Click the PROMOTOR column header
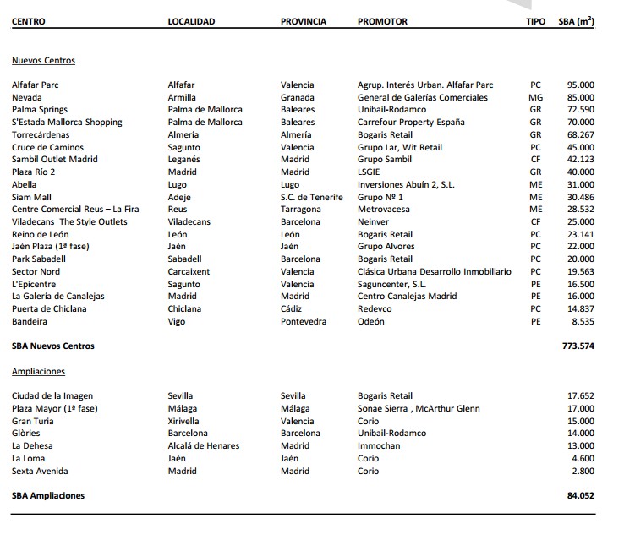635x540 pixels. [382, 21]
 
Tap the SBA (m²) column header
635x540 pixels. [577, 21]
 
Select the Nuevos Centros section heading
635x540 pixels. [43, 61]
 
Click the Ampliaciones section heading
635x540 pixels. [38, 371]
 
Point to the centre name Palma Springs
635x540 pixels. [40, 110]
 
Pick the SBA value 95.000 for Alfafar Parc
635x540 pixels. [580, 85]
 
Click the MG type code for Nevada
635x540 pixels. [535, 97]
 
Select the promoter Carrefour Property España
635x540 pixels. [411, 123]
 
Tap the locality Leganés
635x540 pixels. [184, 160]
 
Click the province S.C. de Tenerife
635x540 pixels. [312, 197]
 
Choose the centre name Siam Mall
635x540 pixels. [33, 197]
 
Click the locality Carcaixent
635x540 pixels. [189, 271]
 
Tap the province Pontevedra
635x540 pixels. [304, 321]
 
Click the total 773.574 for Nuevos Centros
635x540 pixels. [578, 346]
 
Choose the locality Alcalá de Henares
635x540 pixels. [204, 445]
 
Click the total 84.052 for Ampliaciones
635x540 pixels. [580, 496]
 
